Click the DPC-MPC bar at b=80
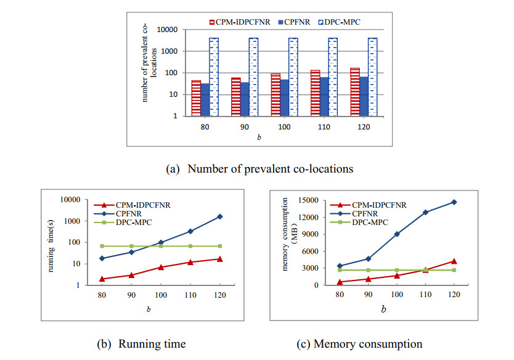pyautogui.click(x=213, y=77)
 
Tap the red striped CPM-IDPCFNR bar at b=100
pyautogui.click(x=275, y=95)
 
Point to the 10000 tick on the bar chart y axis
pyautogui.click(x=169, y=30)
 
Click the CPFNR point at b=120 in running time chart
pyautogui.click(x=219, y=216)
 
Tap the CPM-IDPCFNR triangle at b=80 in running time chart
pyautogui.click(x=102, y=279)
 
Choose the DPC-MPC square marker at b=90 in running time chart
pyautogui.click(x=131, y=246)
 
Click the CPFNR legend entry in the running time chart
pyautogui.click(x=129, y=213)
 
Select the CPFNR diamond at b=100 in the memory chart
pyautogui.click(x=396, y=234)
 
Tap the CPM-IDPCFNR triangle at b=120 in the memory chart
pyautogui.click(x=454, y=261)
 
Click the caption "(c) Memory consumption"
pyautogui.click(x=368, y=343)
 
